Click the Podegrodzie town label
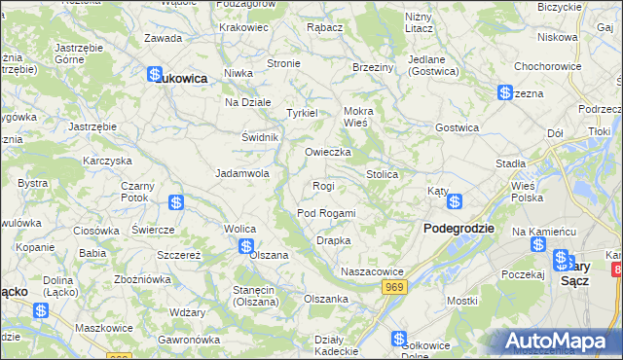click(458, 228)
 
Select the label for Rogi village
click(323, 186)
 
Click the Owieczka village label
click(327, 153)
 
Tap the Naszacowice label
click(371, 271)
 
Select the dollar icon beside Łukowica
click(154, 74)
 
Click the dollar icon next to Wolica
click(246, 247)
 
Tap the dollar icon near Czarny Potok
click(176, 202)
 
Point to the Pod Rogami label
click(326, 213)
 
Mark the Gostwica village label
click(458, 127)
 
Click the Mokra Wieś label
click(358, 117)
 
